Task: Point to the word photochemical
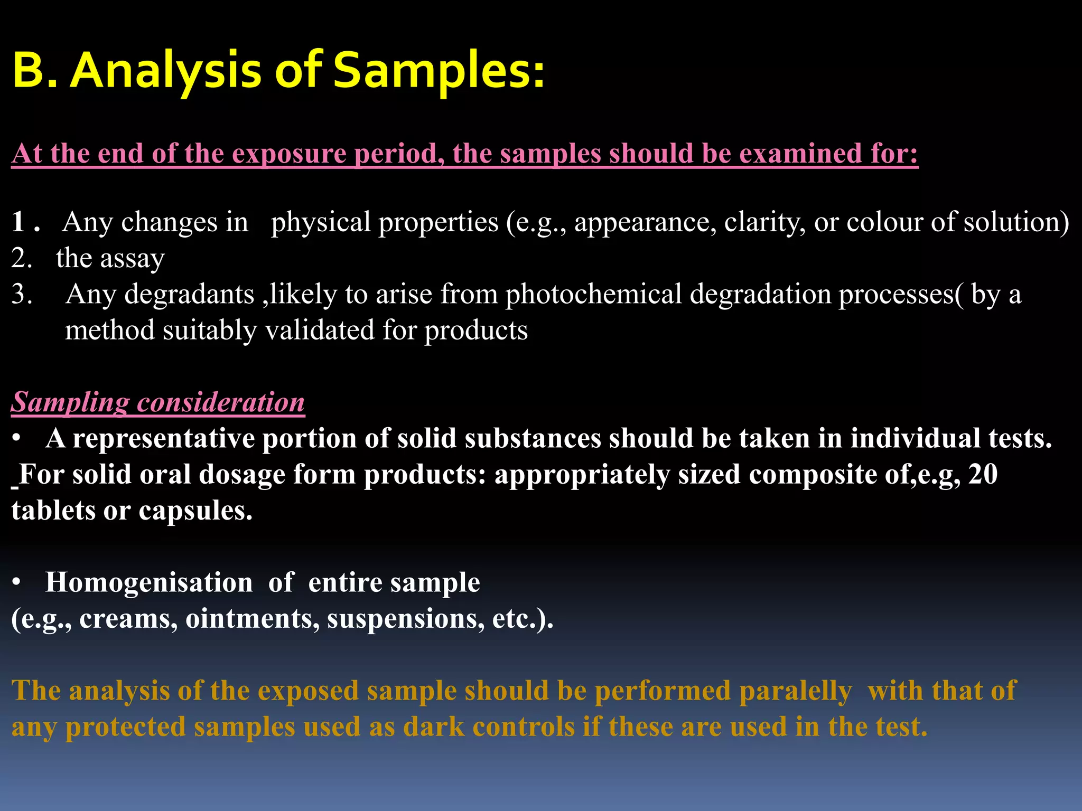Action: pyautogui.click(x=593, y=294)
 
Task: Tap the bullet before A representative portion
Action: pyautogui.click(x=17, y=439)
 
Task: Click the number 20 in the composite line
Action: pyautogui.click(x=983, y=474)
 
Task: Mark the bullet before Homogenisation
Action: pyautogui.click(x=17, y=582)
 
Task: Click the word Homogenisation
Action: pyautogui.click(x=149, y=583)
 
